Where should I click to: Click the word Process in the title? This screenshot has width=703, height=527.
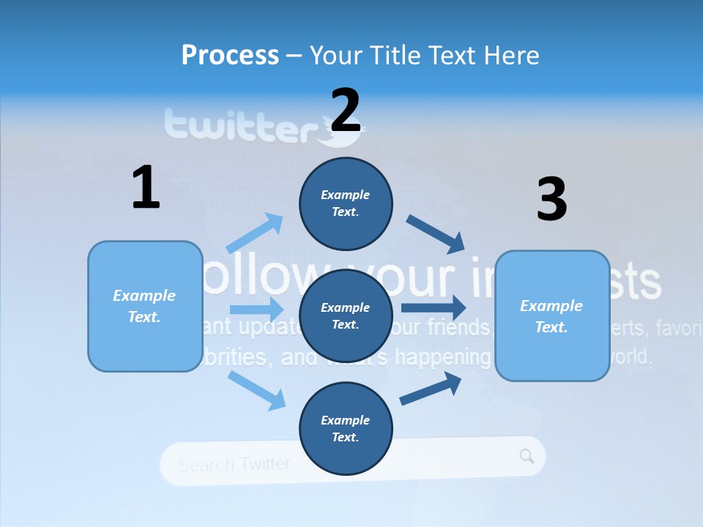point(230,55)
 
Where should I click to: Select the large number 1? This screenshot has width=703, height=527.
point(146,187)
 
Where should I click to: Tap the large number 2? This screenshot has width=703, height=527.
point(346,110)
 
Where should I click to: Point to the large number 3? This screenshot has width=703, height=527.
point(551,199)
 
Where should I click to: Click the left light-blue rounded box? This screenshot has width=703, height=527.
point(145,306)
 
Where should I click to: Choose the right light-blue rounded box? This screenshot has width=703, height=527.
point(552,315)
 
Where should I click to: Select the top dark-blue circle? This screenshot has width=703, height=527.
point(346,203)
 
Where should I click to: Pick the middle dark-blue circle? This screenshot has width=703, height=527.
point(346,315)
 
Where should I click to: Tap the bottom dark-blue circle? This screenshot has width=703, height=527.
point(346,428)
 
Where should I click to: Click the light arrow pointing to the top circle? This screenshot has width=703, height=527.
point(256,233)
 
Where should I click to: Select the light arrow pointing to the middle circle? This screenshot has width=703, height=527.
point(256,309)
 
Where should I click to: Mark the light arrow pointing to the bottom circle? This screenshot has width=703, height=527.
point(257,389)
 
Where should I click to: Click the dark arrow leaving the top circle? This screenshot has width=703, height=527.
point(436,234)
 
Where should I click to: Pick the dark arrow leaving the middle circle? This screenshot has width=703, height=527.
point(434,307)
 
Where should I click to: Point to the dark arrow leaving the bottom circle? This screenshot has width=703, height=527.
point(431,389)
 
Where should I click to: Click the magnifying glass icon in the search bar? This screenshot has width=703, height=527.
point(527,456)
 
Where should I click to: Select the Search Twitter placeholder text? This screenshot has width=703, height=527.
point(234,464)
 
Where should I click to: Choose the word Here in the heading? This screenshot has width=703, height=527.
point(510,55)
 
